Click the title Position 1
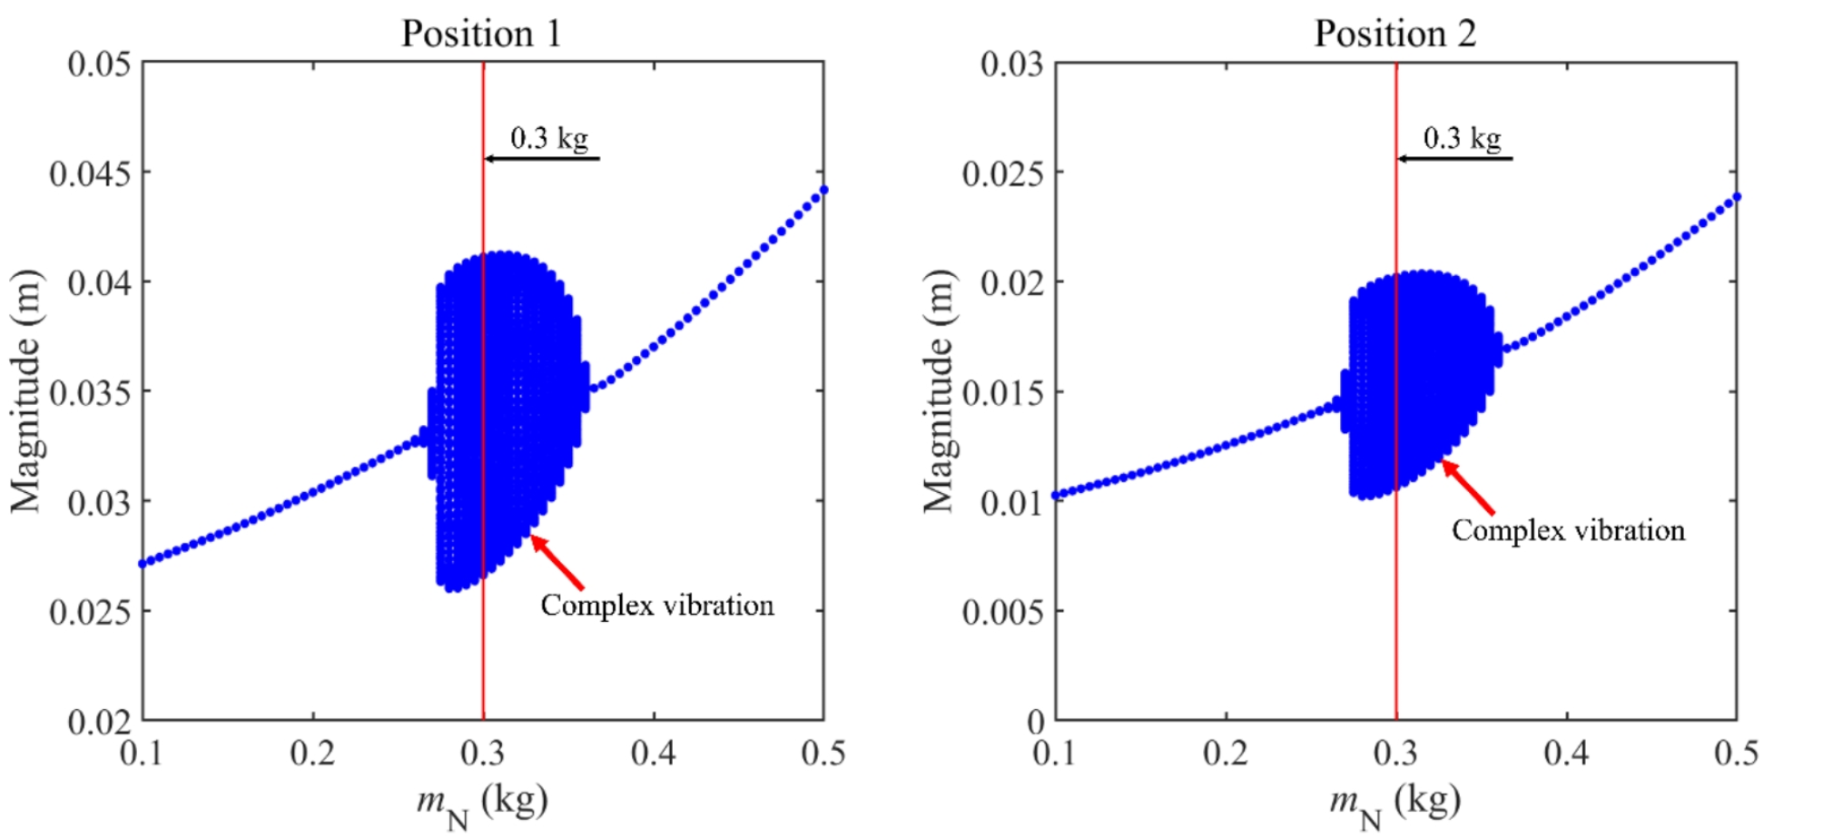click(481, 35)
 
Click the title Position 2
click(1394, 35)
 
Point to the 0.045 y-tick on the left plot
click(90, 173)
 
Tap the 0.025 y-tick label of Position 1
click(90, 612)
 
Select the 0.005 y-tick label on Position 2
click(1002, 612)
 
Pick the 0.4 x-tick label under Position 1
click(653, 753)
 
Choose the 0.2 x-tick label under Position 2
click(1226, 753)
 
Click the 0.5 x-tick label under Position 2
click(1735, 753)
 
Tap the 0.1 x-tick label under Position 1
click(143, 753)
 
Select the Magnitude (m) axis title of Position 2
click(939, 391)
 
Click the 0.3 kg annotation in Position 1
click(549, 138)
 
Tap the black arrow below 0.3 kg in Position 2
click(1453, 159)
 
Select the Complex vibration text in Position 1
click(657, 606)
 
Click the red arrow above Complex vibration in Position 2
click(1468, 487)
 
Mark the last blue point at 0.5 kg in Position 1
click(823, 190)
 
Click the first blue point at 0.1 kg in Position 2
click(1056, 496)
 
